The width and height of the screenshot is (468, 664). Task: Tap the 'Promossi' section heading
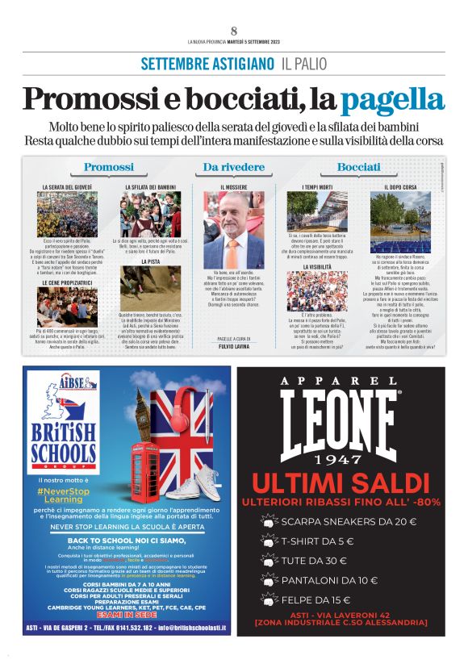tap(108, 167)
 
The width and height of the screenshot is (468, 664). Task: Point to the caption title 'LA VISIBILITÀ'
tap(317, 266)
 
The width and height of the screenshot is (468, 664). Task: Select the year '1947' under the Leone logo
tap(339, 460)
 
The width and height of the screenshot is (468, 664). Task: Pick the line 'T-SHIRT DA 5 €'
tap(318, 541)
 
